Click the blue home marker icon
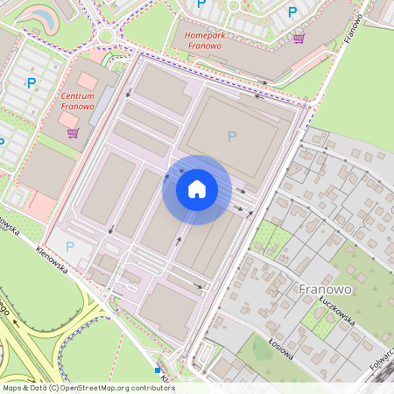pos(197,189)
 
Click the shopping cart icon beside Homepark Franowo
pos(299,39)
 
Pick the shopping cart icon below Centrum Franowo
pos(72,133)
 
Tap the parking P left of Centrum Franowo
pos(32,83)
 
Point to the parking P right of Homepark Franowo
pos(292,12)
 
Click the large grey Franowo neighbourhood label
pos(325,289)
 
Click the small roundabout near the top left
pos(106,36)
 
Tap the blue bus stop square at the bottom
pos(158,370)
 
